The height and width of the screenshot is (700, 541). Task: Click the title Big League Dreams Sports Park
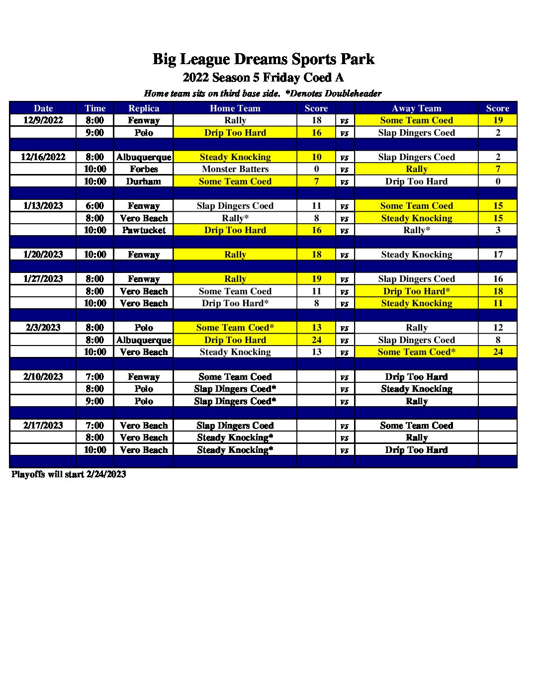[x=263, y=59]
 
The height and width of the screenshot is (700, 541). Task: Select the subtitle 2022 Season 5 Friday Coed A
[x=263, y=78]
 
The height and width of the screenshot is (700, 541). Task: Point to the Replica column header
[x=144, y=108]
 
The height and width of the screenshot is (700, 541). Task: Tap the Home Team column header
[x=235, y=108]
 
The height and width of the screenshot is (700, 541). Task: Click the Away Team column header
[x=416, y=108]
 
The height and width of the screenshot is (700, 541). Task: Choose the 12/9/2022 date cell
[x=43, y=120]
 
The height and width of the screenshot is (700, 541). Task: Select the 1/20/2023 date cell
[x=43, y=255]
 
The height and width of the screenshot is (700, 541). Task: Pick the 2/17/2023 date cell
[x=43, y=426]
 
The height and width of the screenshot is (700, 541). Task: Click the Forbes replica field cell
[x=144, y=169]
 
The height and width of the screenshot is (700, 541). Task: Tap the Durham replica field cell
[x=144, y=181]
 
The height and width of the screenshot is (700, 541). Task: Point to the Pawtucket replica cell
[x=144, y=230]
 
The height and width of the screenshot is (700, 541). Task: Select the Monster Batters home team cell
[x=235, y=169]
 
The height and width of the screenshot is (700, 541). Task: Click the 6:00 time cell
[x=94, y=206]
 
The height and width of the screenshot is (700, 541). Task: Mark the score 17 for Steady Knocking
[x=498, y=255]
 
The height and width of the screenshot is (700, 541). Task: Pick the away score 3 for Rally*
[x=498, y=230]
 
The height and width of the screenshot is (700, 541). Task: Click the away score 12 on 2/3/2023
[x=498, y=328]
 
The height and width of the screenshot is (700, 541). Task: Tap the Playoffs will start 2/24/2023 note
[x=69, y=474]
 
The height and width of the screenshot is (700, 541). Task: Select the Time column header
[x=95, y=108]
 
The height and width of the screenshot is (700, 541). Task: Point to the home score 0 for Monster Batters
[x=316, y=169]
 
